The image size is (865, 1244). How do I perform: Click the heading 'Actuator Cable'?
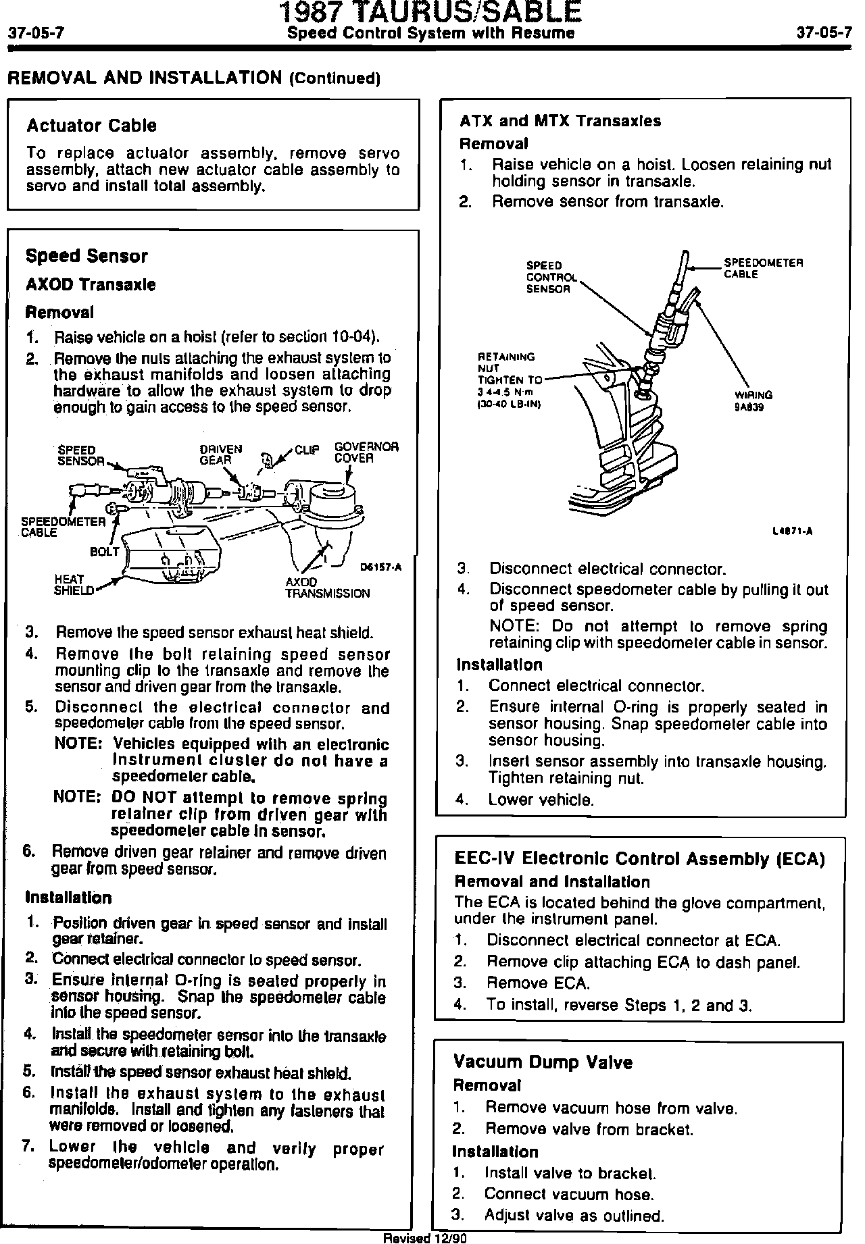click(91, 126)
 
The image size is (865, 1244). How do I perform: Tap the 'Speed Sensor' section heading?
click(86, 256)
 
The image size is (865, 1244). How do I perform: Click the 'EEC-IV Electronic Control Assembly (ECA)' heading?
click(639, 859)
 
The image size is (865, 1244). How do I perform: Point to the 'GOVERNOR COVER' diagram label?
click(366, 452)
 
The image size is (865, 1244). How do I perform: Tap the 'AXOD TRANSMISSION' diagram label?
click(327, 588)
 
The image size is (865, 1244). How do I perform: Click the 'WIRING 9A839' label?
click(753, 401)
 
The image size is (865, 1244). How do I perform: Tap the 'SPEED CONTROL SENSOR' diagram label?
click(550, 277)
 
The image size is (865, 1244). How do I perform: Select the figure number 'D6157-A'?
click(380, 567)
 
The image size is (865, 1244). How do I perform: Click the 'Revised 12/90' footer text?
click(425, 1238)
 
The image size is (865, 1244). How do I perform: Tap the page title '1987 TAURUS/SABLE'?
click(430, 12)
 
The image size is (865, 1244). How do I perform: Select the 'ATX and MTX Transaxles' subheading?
click(560, 121)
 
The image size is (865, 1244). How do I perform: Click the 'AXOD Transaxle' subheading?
click(90, 284)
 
